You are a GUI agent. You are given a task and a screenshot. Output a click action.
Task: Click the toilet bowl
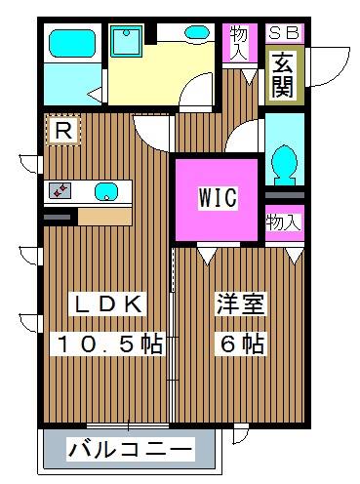click(x=286, y=162)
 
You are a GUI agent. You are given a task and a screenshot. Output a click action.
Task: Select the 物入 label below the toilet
click(x=284, y=222)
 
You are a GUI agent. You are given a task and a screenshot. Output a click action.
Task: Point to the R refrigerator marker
click(x=63, y=130)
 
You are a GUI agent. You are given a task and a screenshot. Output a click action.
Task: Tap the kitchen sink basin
click(x=104, y=191)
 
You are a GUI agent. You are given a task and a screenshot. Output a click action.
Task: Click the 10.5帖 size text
click(x=106, y=343)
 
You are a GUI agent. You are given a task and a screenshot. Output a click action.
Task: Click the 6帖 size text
click(x=239, y=343)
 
